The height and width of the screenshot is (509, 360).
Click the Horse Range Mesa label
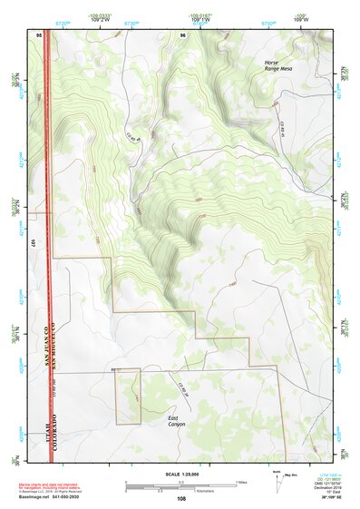coord(277,66)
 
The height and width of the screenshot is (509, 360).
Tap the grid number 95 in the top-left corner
coord(40,34)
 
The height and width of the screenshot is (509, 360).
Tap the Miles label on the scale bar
coord(239,481)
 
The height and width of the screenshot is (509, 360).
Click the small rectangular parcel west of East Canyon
coord(127,396)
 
